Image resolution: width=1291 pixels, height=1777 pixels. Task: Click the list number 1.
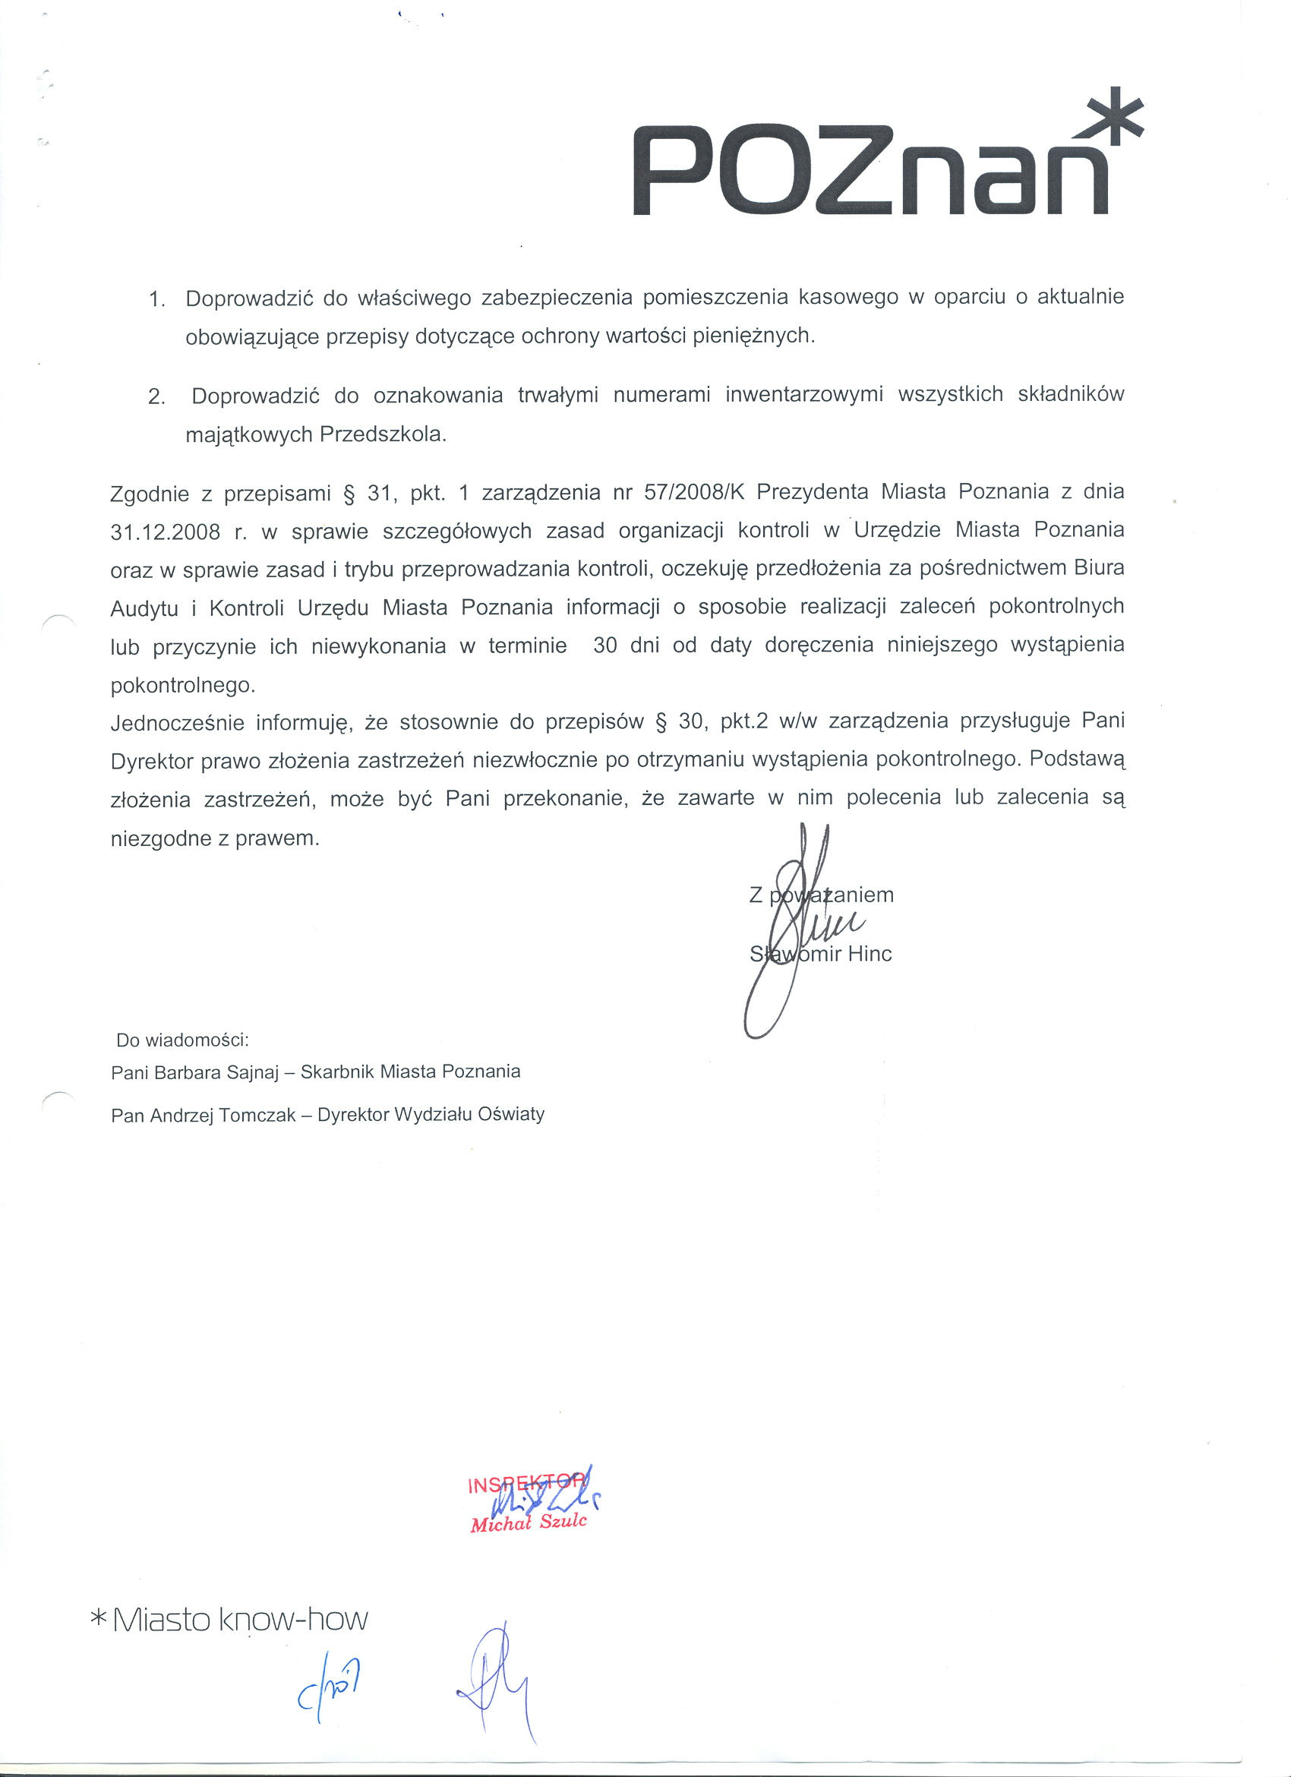point(156,299)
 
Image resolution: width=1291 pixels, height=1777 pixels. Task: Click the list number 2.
point(156,397)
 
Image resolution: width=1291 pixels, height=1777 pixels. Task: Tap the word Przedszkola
point(383,435)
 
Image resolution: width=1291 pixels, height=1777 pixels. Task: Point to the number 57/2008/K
point(693,492)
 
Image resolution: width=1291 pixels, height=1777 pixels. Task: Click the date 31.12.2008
point(166,532)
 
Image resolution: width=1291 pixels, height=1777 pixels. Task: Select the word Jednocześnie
point(177,722)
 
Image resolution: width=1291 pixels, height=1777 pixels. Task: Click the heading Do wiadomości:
point(182,1040)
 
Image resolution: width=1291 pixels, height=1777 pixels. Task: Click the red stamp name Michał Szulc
point(528,1523)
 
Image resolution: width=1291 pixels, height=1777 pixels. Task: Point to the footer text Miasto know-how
point(240,1620)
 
